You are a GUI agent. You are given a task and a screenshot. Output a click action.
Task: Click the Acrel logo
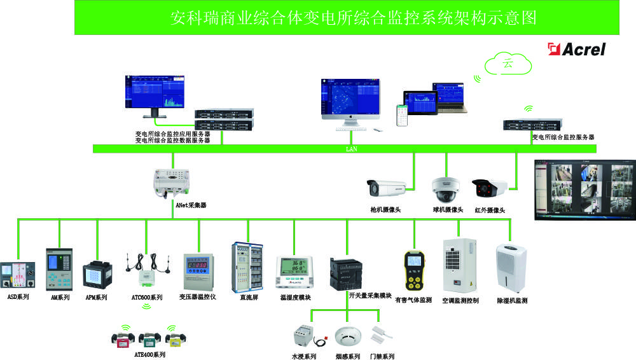577,49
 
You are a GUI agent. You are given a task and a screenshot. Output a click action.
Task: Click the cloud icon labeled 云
508,64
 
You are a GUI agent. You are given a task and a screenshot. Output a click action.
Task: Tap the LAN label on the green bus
351,149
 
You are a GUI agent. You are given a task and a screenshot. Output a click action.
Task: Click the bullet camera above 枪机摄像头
387,187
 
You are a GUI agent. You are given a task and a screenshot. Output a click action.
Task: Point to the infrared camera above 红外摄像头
489,187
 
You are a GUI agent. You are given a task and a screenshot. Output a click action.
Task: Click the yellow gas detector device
414,270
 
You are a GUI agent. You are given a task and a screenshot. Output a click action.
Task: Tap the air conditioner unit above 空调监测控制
459,265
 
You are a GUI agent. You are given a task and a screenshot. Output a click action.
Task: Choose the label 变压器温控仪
198,297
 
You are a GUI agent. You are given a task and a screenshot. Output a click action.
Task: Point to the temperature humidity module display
293,270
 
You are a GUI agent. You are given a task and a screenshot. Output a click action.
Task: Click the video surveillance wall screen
584,189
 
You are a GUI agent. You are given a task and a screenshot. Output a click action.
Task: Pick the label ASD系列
18,297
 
